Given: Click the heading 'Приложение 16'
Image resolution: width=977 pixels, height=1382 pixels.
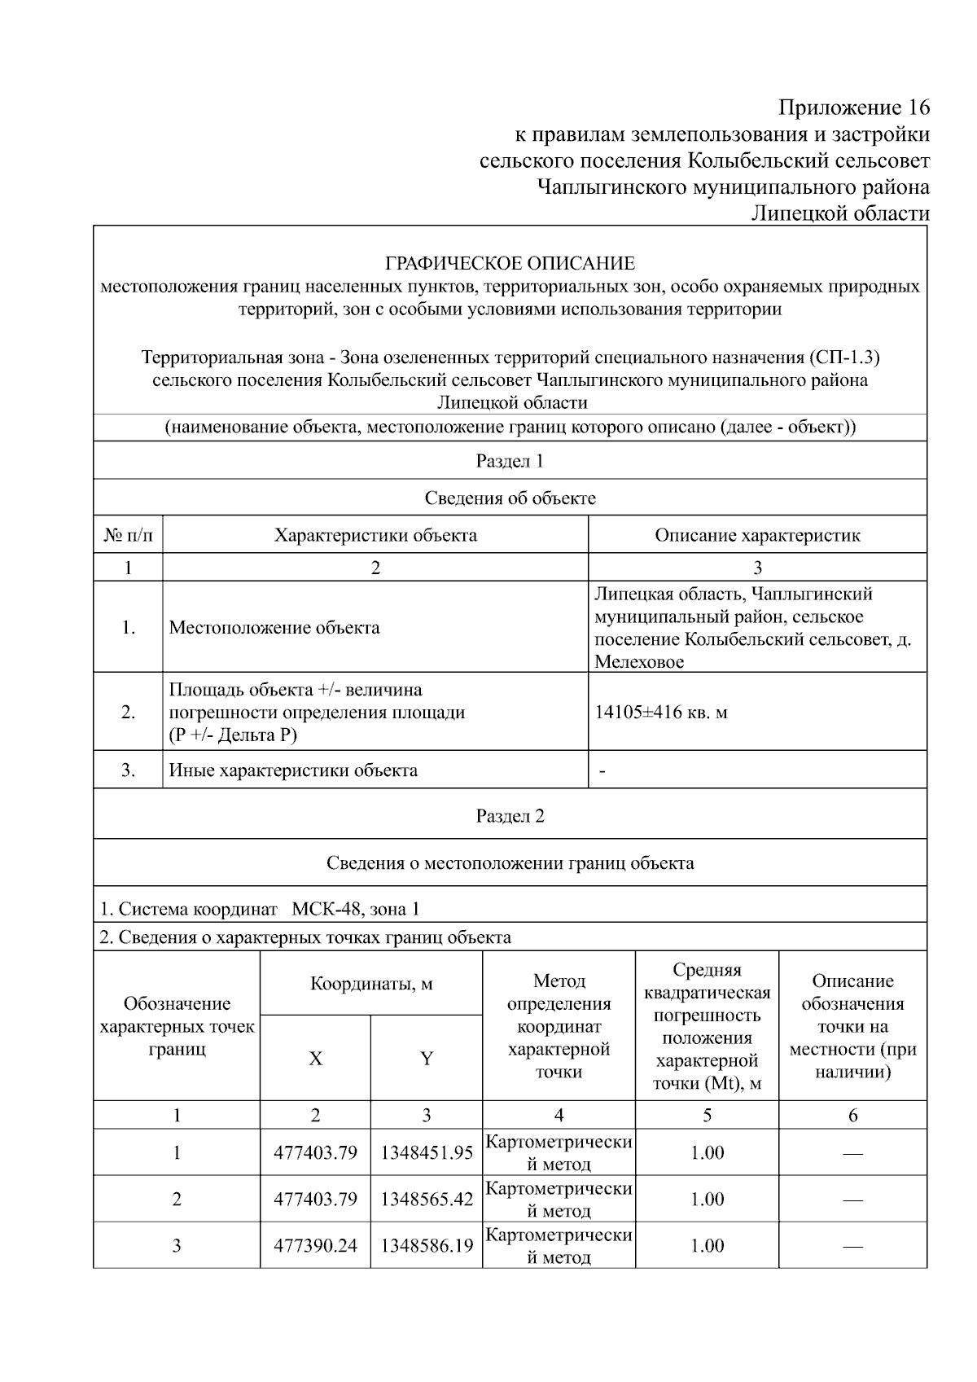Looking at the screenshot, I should (853, 107).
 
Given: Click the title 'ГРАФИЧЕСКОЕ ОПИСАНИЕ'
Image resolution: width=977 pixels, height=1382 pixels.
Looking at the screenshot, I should (510, 263).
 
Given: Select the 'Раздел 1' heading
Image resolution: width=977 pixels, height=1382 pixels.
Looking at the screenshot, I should (510, 461).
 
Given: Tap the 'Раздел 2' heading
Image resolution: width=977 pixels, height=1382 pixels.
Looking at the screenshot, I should (510, 816).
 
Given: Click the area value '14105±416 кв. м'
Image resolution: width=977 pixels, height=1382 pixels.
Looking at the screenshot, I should (661, 713).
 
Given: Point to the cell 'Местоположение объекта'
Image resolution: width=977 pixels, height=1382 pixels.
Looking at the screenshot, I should (274, 627).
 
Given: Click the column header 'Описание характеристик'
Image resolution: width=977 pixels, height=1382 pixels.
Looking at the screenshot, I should (757, 535).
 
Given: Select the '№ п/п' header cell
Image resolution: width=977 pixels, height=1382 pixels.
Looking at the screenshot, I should (128, 535).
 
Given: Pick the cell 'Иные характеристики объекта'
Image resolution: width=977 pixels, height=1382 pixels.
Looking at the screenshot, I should (293, 770).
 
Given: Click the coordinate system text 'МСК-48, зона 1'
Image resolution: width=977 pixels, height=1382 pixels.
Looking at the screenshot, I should (356, 909).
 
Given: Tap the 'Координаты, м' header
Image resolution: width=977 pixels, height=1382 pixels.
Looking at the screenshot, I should (371, 984).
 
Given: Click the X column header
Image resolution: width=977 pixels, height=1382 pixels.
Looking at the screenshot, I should (315, 1059).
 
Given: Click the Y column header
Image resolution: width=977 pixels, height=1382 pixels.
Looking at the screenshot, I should (426, 1059).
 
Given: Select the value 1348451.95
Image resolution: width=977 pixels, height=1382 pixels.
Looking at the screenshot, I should (427, 1152).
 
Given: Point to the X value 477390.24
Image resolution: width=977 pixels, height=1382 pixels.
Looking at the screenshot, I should (315, 1245).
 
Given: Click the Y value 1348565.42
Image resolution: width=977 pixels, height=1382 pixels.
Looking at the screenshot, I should (427, 1199).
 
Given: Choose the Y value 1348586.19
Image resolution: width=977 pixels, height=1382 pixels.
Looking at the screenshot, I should (427, 1245).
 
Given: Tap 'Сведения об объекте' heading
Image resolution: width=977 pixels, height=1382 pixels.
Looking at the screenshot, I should (510, 498).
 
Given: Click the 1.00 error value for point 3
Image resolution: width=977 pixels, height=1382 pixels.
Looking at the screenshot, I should (707, 1245).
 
